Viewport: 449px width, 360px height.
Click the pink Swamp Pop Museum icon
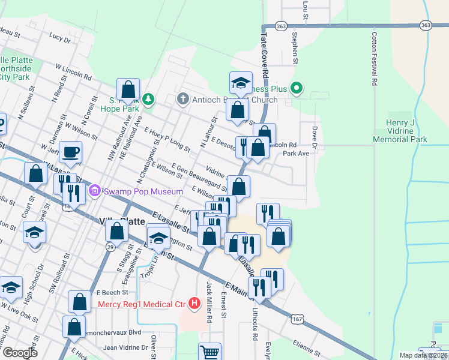(94, 191)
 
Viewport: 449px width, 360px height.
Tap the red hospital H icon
(194, 304)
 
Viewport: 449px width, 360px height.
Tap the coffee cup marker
(71, 153)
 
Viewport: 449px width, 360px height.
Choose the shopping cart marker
(210, 352)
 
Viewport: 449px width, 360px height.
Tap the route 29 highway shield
(110, 247)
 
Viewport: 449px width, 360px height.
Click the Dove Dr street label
(314, 136)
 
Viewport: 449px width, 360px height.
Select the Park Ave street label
(295, 154)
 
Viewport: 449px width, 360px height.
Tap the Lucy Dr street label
(59, 37)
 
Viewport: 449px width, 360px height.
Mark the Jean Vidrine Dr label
(125, 347)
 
